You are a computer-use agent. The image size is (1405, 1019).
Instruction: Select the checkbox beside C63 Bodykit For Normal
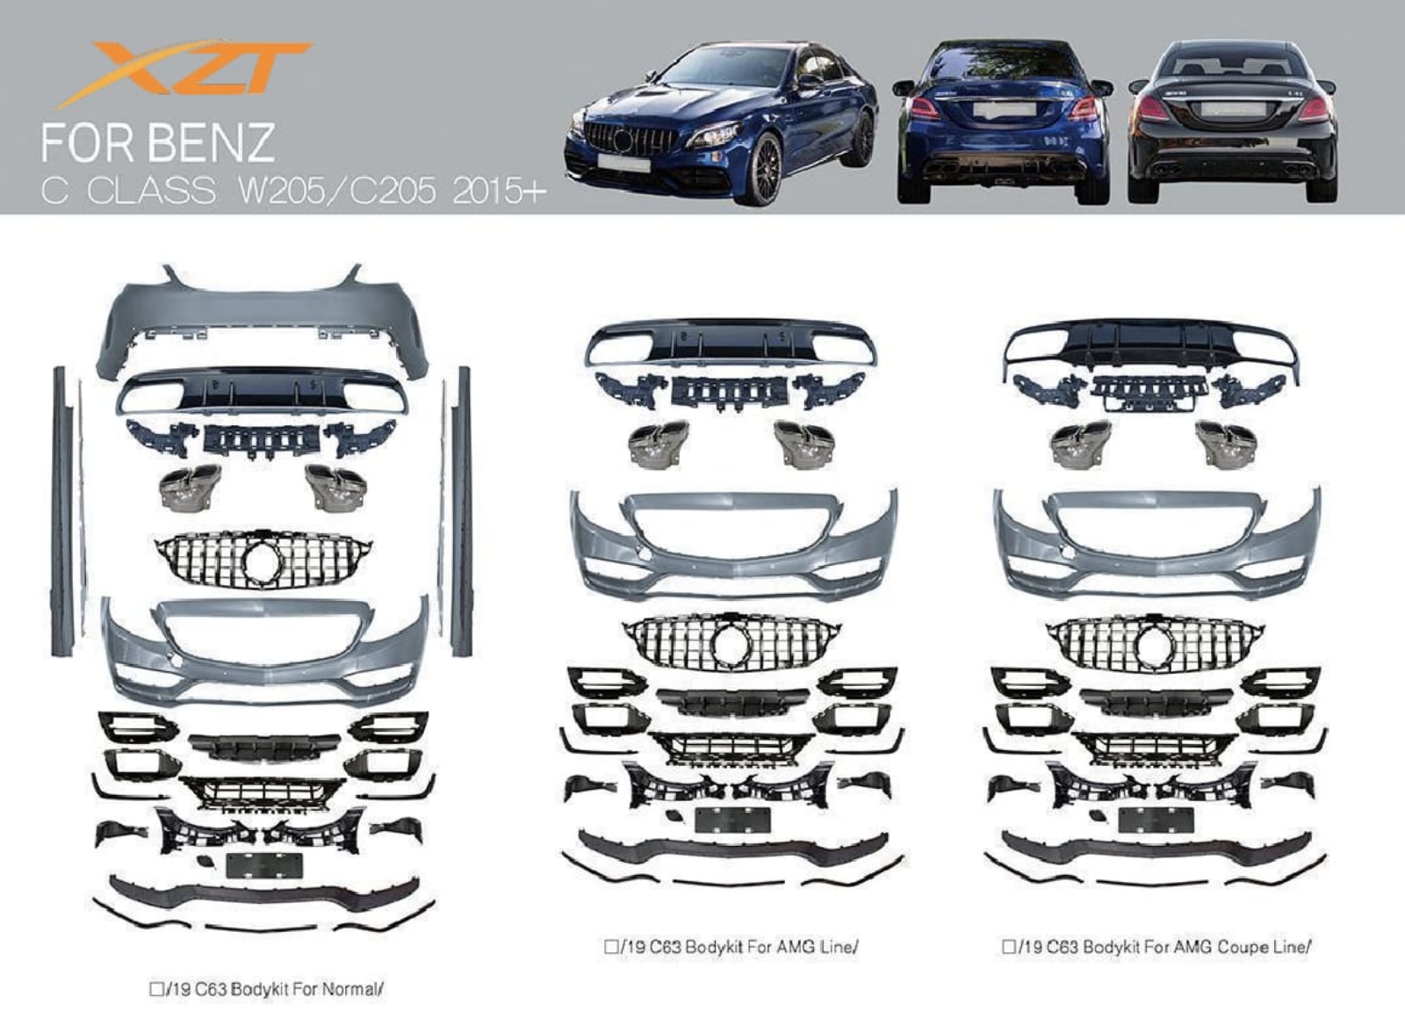(x=156, y=989)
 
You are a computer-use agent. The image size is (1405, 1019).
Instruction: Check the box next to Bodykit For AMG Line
(x=611, y=947)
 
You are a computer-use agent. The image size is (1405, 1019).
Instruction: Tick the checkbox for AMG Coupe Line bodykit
(x=1009, y=946)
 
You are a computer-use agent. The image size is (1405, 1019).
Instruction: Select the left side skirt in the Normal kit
(x=60, y=511)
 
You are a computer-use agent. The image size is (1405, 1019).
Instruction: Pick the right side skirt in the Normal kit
(x=461, y=511)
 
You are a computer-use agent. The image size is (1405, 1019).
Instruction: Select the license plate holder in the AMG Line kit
(x=732, y=820)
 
